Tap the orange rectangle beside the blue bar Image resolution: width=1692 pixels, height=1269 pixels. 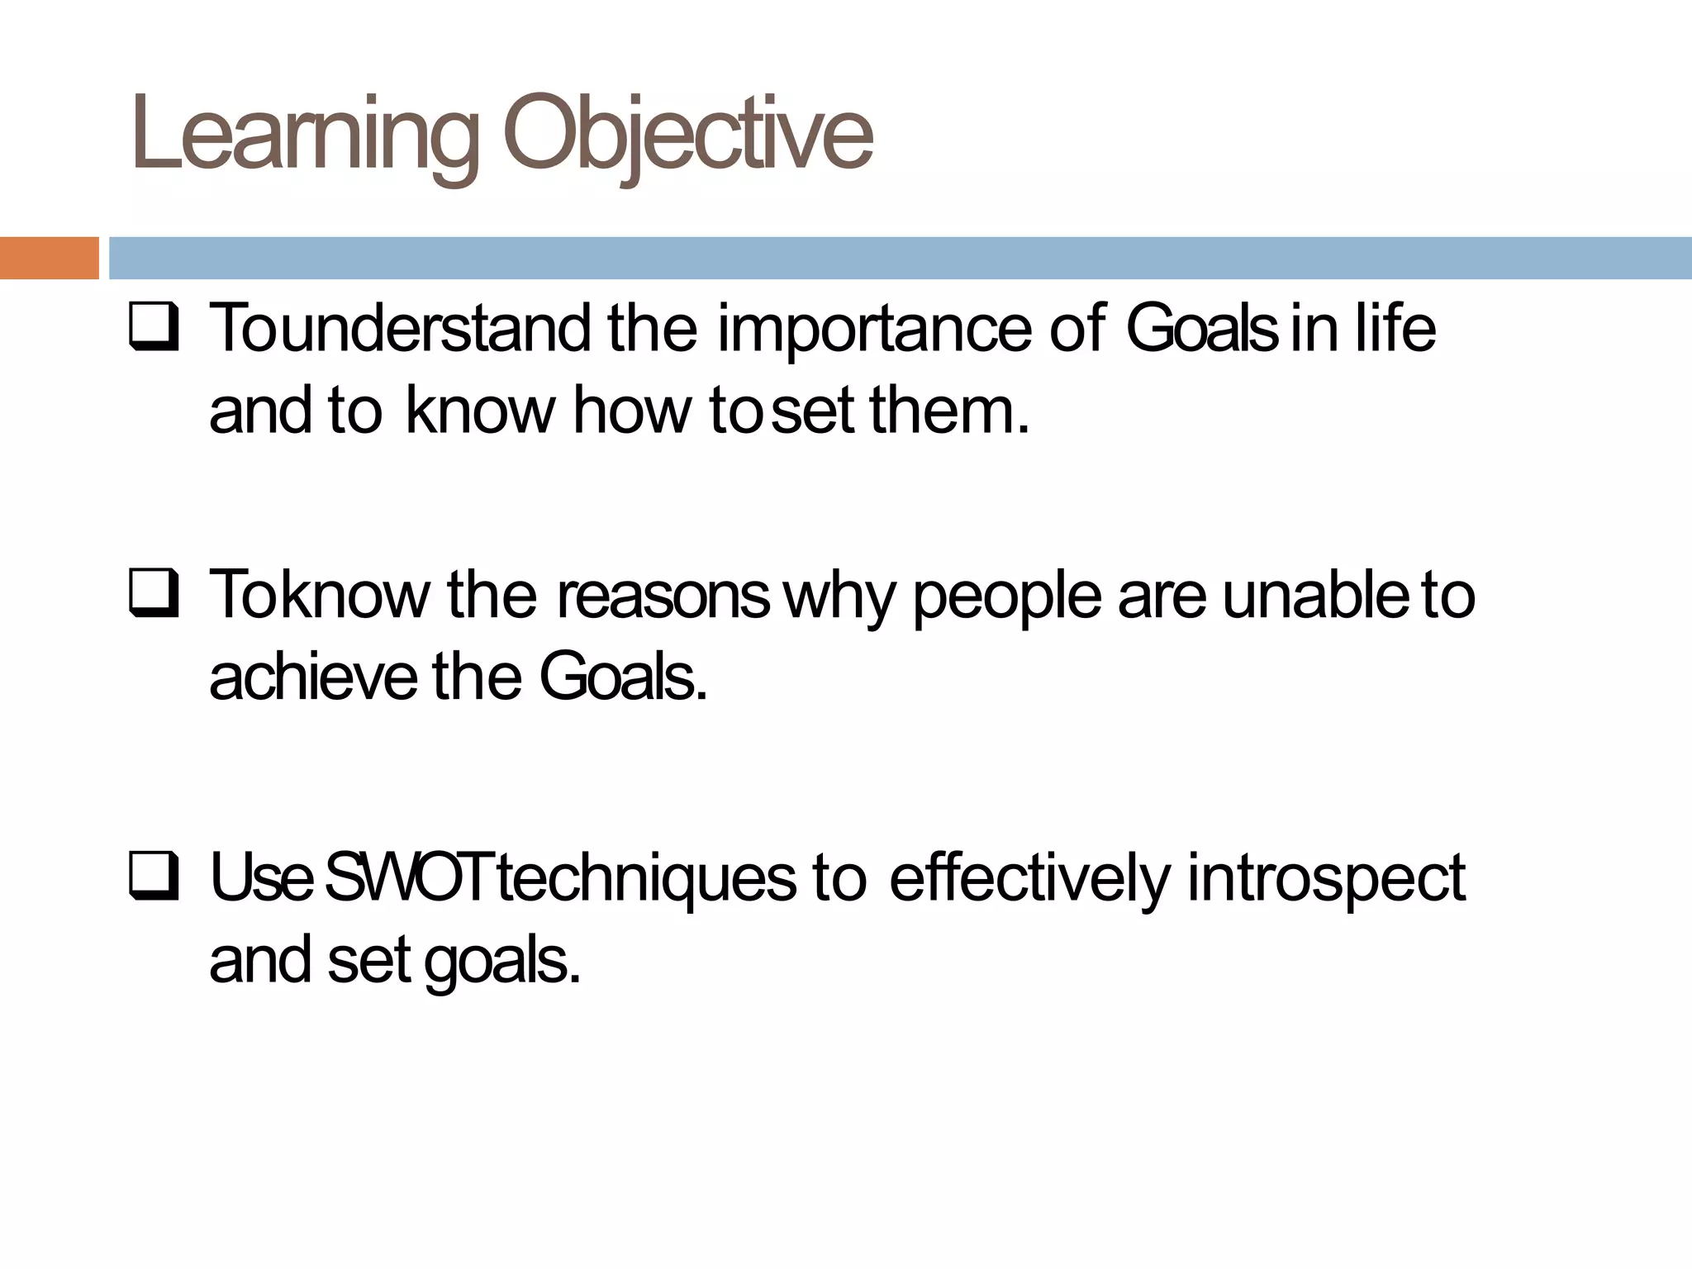pos(49,258)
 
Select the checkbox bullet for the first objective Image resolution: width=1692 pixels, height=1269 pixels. pos(154,330)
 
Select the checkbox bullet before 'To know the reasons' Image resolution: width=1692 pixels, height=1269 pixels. pos(154,596)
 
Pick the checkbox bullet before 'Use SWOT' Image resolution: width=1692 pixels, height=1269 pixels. pos(154,878)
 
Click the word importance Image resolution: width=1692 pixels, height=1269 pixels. pos(874,330)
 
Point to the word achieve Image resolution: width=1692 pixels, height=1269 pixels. pos(313,677)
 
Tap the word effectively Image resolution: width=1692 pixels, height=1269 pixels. pos(1029,878)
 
